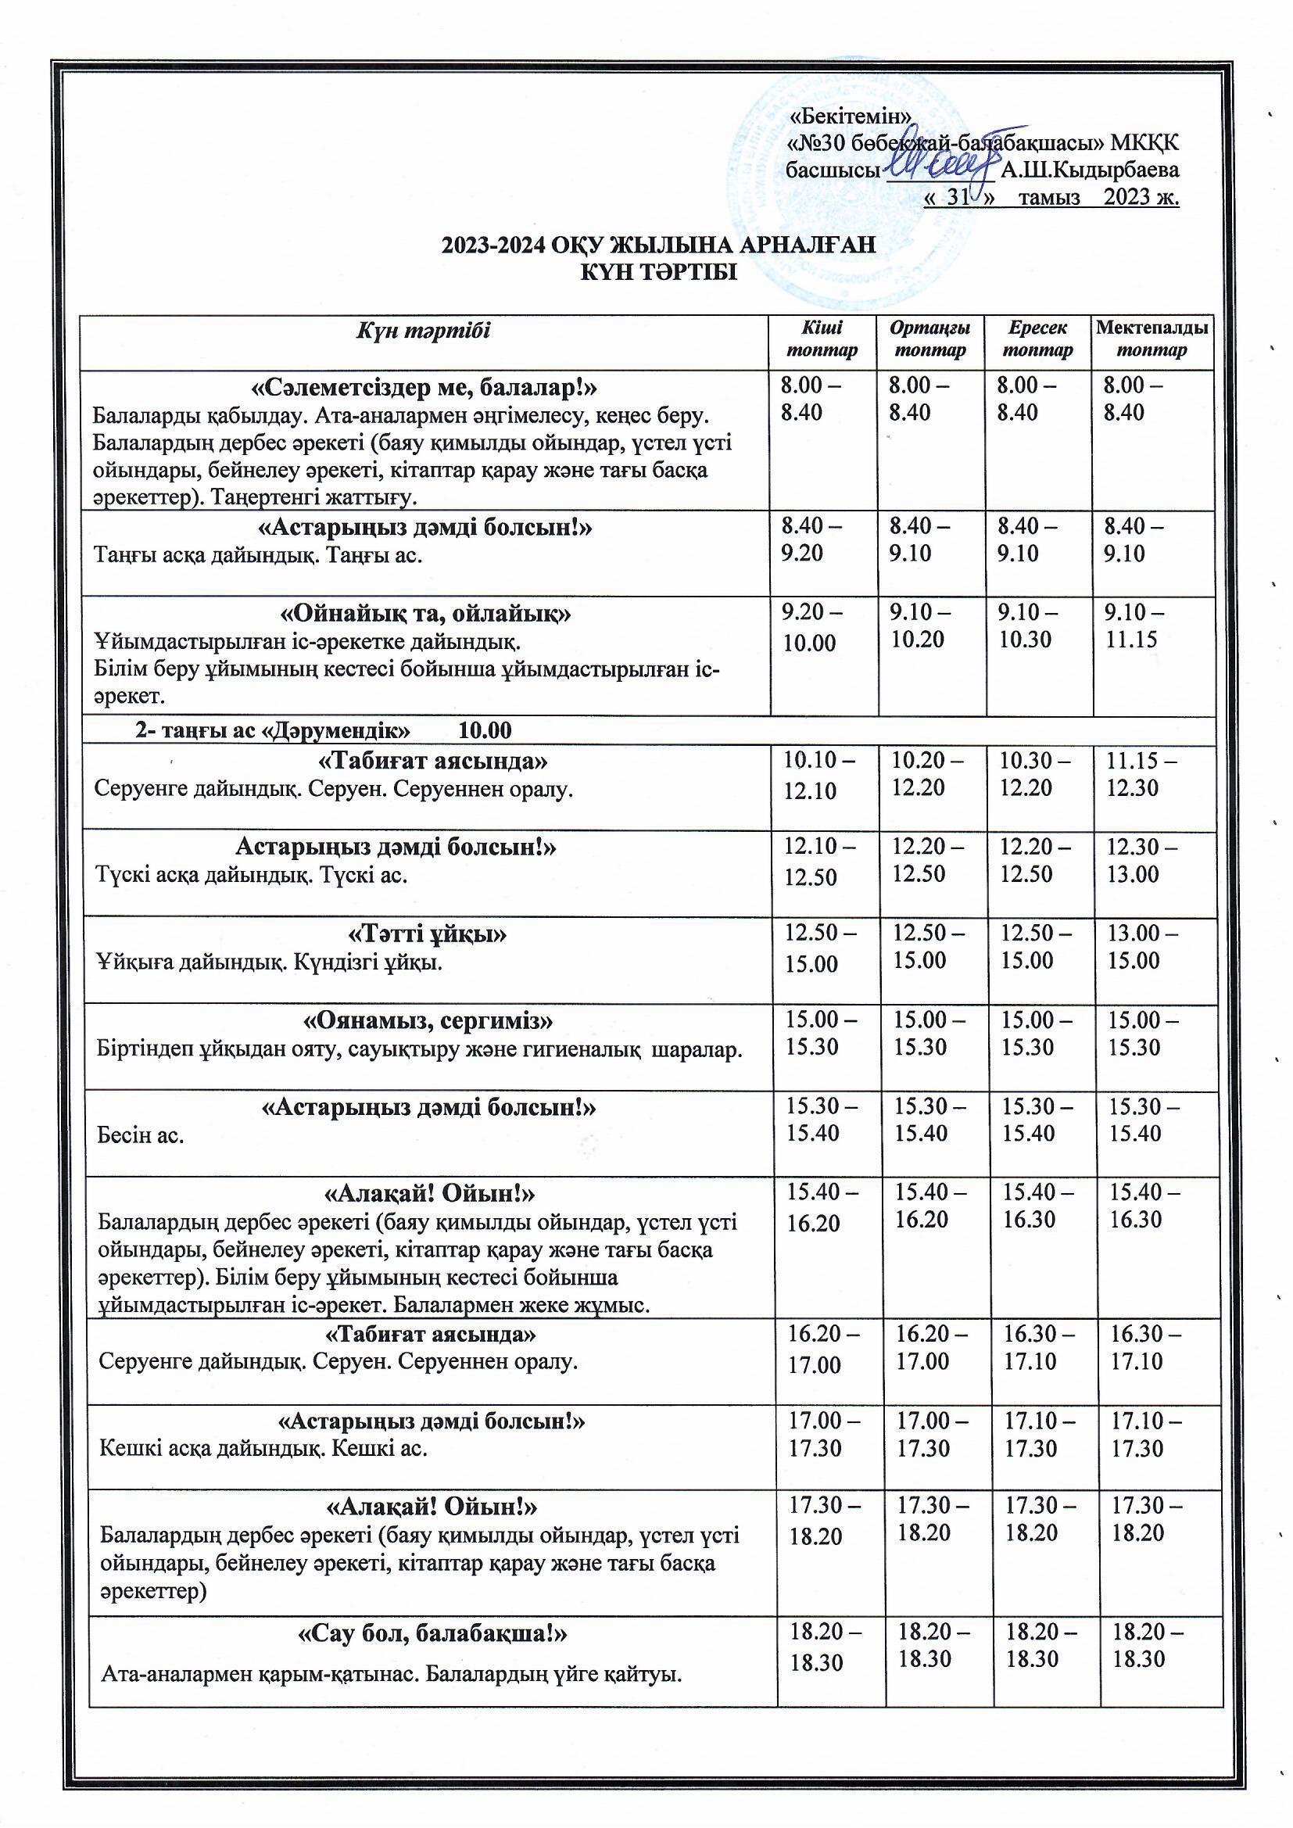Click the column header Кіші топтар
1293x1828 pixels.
(x=822, y=339)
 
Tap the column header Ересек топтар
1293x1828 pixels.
(x=1037, y=339)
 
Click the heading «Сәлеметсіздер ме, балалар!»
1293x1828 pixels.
(x=424, y=389)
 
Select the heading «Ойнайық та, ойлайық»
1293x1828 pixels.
(x=427, y=614)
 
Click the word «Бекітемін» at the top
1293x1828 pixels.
(x=849, y=116)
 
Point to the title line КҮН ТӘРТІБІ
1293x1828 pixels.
(x=658, y=273)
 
